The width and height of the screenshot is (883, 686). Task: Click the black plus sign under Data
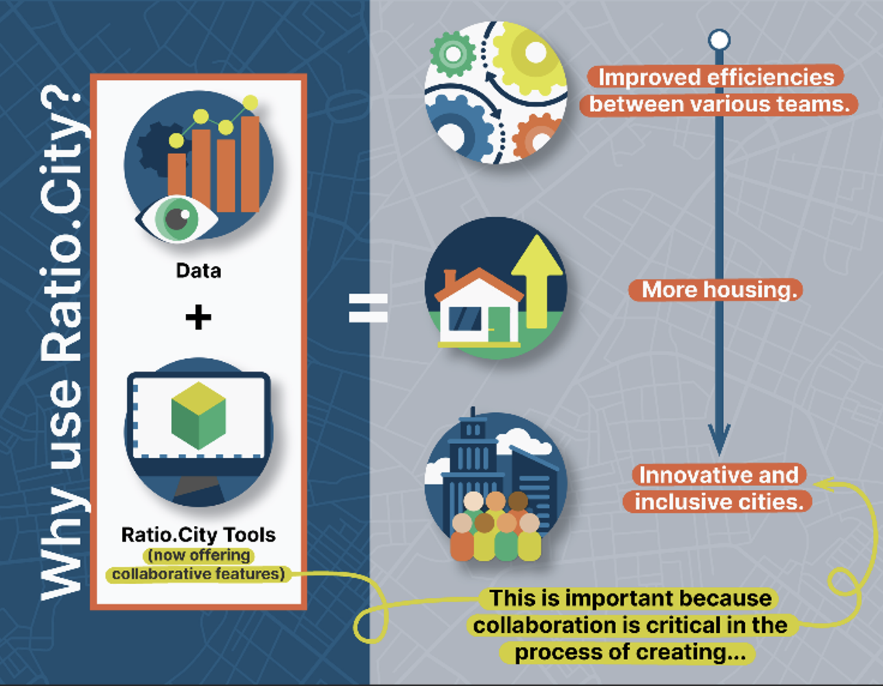pyautogui.click(x=198, y=317)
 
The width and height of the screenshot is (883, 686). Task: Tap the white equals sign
pyautogui.click(x=368, y=308)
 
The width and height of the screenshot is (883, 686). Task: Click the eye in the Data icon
pyautogui.click(x=177, y=218)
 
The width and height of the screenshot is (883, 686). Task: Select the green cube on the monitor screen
pyautogui.click(x=198, y=415)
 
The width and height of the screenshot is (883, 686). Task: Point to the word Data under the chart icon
pyautogui.click(x=198, y=270)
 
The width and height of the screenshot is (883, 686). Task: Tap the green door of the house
pyautogui.click(x=499, y=322)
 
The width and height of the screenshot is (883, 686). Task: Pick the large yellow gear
pyautogui.click(x=528, y=55)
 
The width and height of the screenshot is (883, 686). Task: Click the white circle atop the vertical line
pyautogui.click(x=719, y=40)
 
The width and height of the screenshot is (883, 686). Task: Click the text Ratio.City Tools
pyautogui.click(x=198, y=535)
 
